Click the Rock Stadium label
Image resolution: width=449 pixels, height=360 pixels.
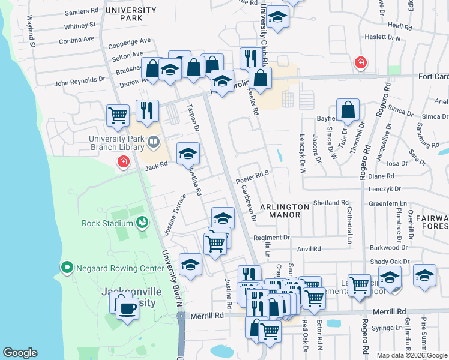(x=107, y=224)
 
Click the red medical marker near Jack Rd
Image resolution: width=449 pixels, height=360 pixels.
(x=124, y=162)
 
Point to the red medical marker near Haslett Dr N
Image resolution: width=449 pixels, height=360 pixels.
(x=360, y=62)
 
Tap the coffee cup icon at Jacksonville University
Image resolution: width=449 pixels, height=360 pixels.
(x=126, y=308)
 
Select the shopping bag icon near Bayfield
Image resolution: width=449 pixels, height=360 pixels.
(x=348, y=110)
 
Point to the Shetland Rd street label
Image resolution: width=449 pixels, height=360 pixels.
(x=331, y=203)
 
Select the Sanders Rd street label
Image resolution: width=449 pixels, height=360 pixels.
(x=81, y=11)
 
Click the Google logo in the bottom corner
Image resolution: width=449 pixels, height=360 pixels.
(x=20, y=353)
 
